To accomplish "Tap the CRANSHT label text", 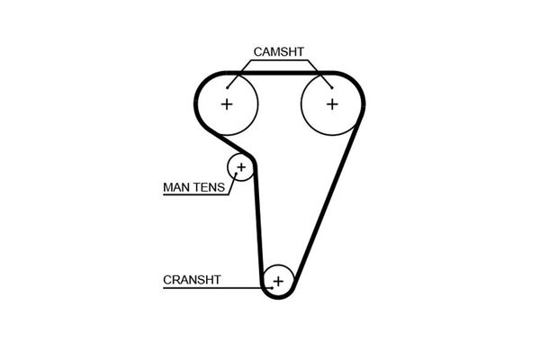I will (192, 280).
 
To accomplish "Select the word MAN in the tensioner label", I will (176, 189).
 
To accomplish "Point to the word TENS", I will (211, 189).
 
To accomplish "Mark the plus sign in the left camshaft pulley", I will (227, 103).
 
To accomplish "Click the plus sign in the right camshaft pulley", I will (332, 103).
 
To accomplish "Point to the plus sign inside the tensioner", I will (240, 166).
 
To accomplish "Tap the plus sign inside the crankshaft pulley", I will (278, 282).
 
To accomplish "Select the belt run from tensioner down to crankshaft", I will (258, 225).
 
